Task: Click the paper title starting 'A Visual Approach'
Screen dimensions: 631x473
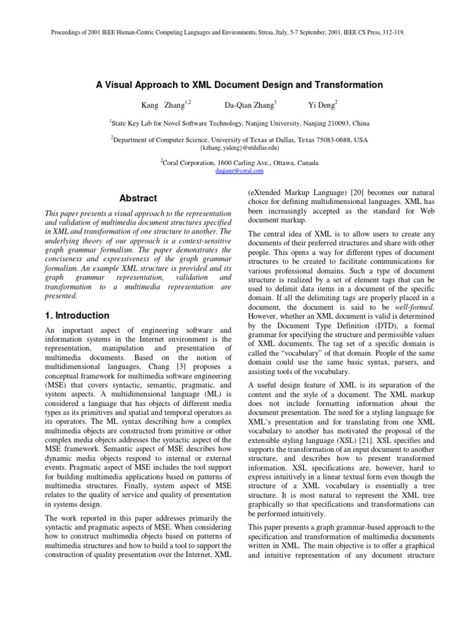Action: tap(239, 84)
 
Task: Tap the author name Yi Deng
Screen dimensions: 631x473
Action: tap(321, 105)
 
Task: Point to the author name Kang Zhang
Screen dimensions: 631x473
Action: tap(158, 105)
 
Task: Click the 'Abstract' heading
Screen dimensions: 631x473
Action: tap(139, 198)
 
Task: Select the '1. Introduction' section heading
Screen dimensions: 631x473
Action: tap(78, 315)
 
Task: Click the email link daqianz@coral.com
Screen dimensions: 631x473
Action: tap(239, 171)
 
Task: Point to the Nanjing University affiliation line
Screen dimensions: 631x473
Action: tap(239, 123)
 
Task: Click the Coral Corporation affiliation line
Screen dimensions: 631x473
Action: tap(239, 163)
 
